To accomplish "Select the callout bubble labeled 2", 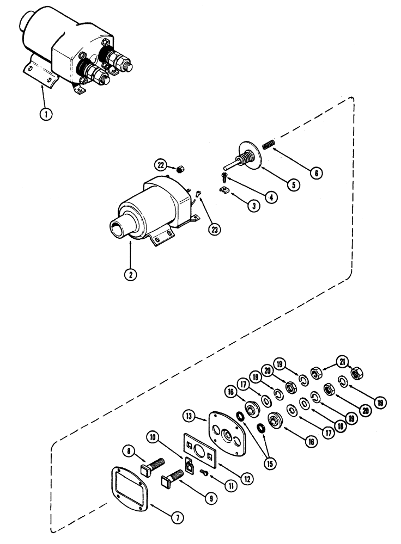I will [x=130, y=274].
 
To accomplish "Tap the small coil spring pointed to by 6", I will [x=268, y=145].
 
